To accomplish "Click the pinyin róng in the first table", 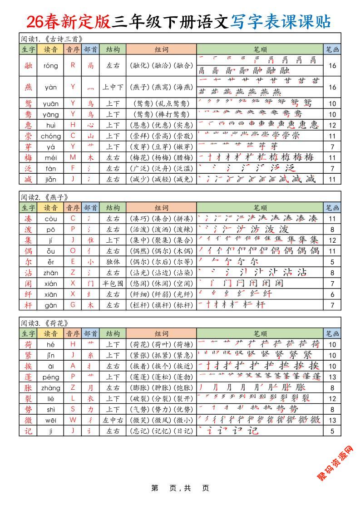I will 51,65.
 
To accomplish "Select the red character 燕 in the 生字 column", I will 28,87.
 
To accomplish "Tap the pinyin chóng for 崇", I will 51,136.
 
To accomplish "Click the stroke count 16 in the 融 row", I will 332,65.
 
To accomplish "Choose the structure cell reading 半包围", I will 113,283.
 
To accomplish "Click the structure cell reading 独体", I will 113,262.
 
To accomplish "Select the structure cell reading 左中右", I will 113,420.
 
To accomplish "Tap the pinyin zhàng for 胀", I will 51,388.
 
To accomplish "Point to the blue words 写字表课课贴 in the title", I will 281,21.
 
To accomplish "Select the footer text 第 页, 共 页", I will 180,488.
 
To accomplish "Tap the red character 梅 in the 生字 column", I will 28,157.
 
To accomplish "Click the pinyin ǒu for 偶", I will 51,251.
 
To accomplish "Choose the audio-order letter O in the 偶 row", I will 73,251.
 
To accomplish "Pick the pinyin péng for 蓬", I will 51,377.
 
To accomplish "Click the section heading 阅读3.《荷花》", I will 44,323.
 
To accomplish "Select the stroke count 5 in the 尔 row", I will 332,262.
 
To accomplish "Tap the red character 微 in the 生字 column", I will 28,420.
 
